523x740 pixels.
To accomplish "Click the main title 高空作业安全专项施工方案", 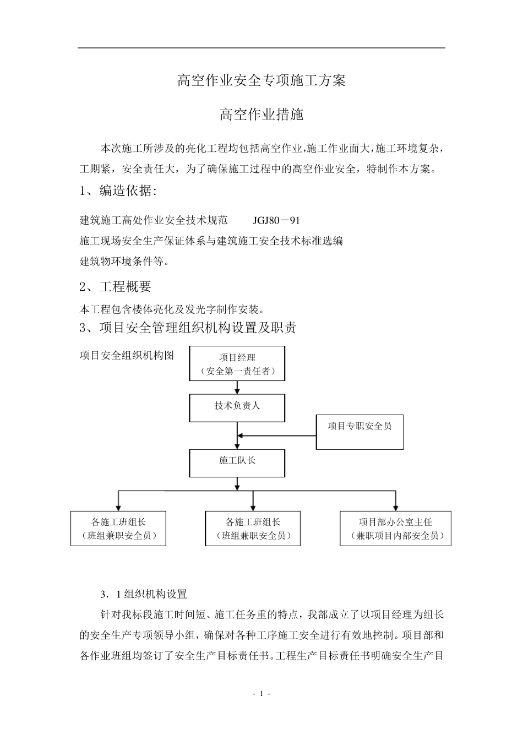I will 261,80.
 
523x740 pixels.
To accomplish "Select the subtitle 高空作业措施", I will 261,115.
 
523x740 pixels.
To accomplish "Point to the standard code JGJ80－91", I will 276,221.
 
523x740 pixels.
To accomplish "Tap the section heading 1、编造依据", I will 118,191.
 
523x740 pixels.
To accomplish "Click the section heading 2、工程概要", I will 115,286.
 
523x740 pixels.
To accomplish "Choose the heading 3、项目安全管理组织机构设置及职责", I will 188,328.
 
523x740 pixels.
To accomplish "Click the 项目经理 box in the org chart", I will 237,363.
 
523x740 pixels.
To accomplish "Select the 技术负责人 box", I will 237,407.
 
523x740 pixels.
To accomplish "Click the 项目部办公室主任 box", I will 395,528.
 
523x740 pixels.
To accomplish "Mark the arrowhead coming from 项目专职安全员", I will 241,436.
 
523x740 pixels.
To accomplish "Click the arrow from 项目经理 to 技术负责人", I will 237,387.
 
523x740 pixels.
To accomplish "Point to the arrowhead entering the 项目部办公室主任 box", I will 395,507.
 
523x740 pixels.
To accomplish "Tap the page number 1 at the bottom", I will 261,694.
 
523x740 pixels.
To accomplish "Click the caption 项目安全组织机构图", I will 127,355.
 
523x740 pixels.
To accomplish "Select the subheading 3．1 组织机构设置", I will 144,594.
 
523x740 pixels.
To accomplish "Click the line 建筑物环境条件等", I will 124,261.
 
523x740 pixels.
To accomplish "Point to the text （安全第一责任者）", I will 237,371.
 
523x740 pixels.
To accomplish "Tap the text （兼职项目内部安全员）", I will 395,535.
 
